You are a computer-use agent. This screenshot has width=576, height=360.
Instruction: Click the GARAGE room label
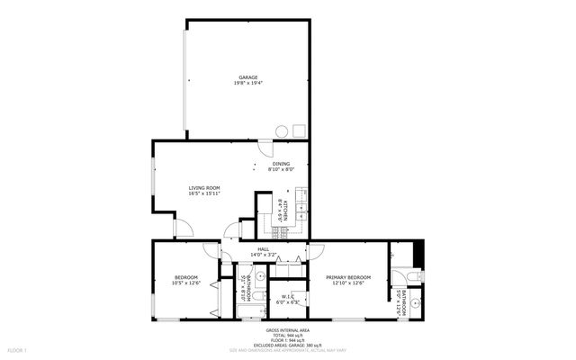pos(248,77)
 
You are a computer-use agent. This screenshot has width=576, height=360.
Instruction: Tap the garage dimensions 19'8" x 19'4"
pos(248,84)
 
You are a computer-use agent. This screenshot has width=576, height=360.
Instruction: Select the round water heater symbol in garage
pos(281,131)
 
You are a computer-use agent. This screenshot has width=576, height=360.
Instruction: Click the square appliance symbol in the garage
pos(299,131)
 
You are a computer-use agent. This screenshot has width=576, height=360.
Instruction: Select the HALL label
pos(264,249)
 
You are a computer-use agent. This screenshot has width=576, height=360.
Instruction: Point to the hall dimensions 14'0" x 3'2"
pos(264,256)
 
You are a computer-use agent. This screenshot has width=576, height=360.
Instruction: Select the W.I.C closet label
pos(288,296)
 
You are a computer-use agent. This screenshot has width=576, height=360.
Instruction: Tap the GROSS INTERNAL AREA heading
pos(288,329)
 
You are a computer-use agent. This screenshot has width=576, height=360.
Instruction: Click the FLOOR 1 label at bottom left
pos(17,349)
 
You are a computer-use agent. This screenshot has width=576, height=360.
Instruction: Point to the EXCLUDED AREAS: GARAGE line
pos(288,344)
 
